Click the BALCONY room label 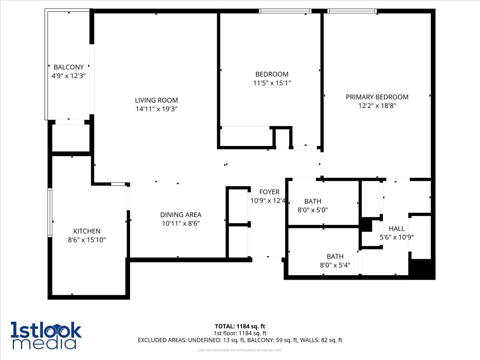[x=69, y=67]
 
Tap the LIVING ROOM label [x=156, y=100]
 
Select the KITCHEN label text [x=87, y=231]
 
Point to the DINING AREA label [x=181, y=215]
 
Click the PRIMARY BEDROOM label [x=377, y=97]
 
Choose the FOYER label [x=269, y=192]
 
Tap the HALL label [x=396, y=228]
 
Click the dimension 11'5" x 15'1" [x=272, y=83]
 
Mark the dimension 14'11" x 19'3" [x=156, y=109]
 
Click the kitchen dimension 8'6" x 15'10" [x=86, y=240]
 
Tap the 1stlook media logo [x=46, y=335]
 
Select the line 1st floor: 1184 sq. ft [x=240, y=333]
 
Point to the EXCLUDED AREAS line [x=240, y=340]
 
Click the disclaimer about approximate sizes [x=240, y=350]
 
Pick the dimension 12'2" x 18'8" [x=377, y=106]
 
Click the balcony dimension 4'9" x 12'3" [x=69, y=75]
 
